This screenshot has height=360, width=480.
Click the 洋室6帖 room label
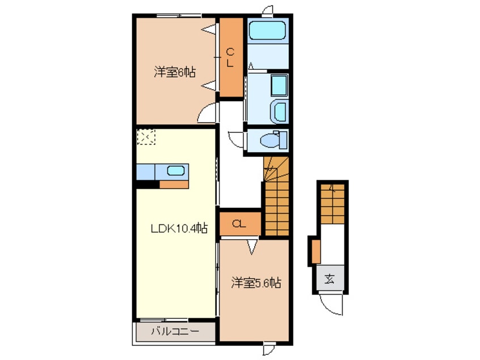coord(175,73)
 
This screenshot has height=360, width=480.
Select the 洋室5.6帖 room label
coord(256,282)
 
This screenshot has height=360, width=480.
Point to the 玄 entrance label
coord(330,279)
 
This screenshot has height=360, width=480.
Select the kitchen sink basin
coord(176,170)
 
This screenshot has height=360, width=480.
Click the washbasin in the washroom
coord(279,111)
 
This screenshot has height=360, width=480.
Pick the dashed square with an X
coord(146,136)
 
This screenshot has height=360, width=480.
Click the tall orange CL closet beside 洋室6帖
coord(230,57)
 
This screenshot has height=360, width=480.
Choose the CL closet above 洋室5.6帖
coord(239,224)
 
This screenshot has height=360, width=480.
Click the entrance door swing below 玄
coord(331,304)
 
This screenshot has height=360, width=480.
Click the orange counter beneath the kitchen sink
coord(173,184)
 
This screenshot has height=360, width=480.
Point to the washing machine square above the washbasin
coord(279,85)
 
